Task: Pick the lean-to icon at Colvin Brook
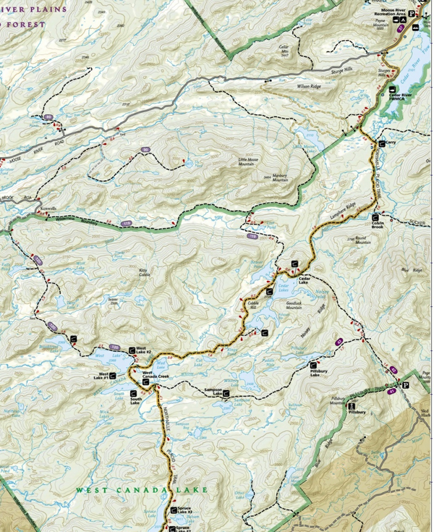point(375,216)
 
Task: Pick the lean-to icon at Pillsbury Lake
point(313,365)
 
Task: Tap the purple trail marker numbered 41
point(391,391)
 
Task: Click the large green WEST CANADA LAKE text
point(142,490)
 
